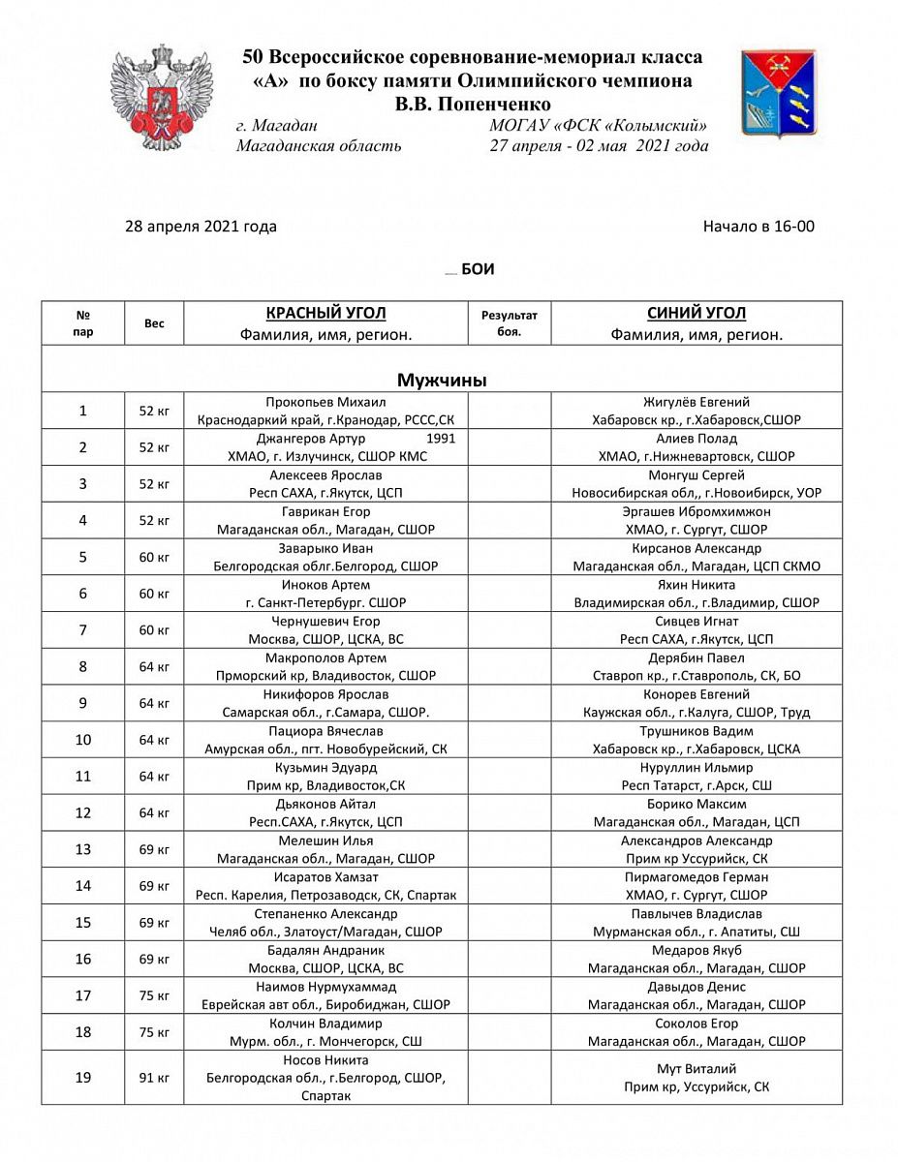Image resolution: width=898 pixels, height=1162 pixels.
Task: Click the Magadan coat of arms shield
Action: [778, 94]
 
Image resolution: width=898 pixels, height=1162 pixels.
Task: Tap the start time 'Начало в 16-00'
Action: [759, 227]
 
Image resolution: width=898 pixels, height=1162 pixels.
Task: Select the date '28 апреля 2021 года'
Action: [201, 227]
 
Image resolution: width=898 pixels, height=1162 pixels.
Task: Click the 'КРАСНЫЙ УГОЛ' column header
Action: [325, 314]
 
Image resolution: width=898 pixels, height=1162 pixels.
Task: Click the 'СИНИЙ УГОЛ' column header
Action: [696, 314]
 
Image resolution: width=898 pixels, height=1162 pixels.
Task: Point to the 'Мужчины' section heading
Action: [442, 381]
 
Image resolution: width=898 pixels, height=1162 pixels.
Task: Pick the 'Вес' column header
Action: [154, 323]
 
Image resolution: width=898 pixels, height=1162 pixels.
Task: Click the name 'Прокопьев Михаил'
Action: [325, 402]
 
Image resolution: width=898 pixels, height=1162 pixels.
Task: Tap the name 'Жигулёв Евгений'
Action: [696, 402]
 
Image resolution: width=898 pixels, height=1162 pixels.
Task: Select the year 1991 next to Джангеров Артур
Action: [441, 439]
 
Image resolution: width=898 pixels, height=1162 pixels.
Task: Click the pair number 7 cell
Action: [83, 630]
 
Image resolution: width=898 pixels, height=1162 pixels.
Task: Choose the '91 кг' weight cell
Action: [154, 1078]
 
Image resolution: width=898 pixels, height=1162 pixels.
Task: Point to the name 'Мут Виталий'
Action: [696, 1069]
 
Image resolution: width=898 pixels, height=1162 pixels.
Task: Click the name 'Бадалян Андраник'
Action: [325, 950]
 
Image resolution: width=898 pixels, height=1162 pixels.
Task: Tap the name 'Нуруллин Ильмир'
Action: [696, 768]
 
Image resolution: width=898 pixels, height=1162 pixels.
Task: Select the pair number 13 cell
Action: [83, 849]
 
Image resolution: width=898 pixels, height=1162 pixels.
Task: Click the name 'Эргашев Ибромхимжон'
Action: [696, 511]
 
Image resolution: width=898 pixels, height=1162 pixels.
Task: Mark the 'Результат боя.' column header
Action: [510, 323]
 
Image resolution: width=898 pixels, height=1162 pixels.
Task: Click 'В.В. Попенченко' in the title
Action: [473, 105]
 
